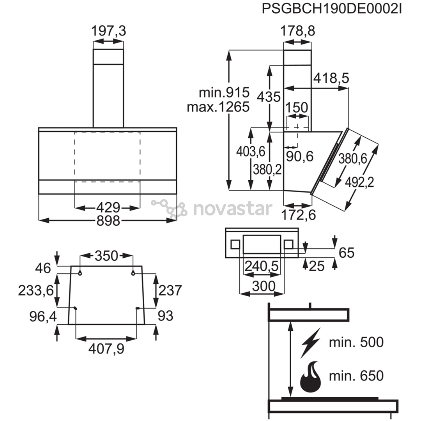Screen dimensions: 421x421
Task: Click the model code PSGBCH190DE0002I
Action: click(x=332, y=9)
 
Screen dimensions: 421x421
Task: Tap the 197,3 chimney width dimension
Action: click(x=108, y=31)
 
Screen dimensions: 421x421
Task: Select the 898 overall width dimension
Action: click(x=108, y=221)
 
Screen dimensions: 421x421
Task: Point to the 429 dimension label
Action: click(x=108, y=207)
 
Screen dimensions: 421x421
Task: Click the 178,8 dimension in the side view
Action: click(x=297, y=31)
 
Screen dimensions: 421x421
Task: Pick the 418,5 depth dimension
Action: click(x=331, y=78)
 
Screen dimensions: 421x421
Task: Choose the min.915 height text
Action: click(x=224, y=93)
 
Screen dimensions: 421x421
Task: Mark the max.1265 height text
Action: click(x=218, y=107)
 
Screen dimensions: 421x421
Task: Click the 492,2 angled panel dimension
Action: click(x=359, y=183)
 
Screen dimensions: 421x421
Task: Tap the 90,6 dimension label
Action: click(x=300, y=156)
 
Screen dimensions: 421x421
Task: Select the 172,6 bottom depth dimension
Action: click(x=298, y=215)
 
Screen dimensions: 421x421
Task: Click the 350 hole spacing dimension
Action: click(x=106, y=256)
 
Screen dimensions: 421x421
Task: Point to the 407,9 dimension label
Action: click(x=106, y=349)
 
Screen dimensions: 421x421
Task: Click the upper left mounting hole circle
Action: click(x=80, y=273)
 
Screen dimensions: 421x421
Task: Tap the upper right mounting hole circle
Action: click(x=133, y=273)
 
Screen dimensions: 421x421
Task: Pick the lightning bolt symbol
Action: click(x=311, y=343)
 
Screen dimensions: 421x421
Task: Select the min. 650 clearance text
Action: click(x=356, y=376)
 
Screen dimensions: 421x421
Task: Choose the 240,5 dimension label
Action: click(x=262, y=266)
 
